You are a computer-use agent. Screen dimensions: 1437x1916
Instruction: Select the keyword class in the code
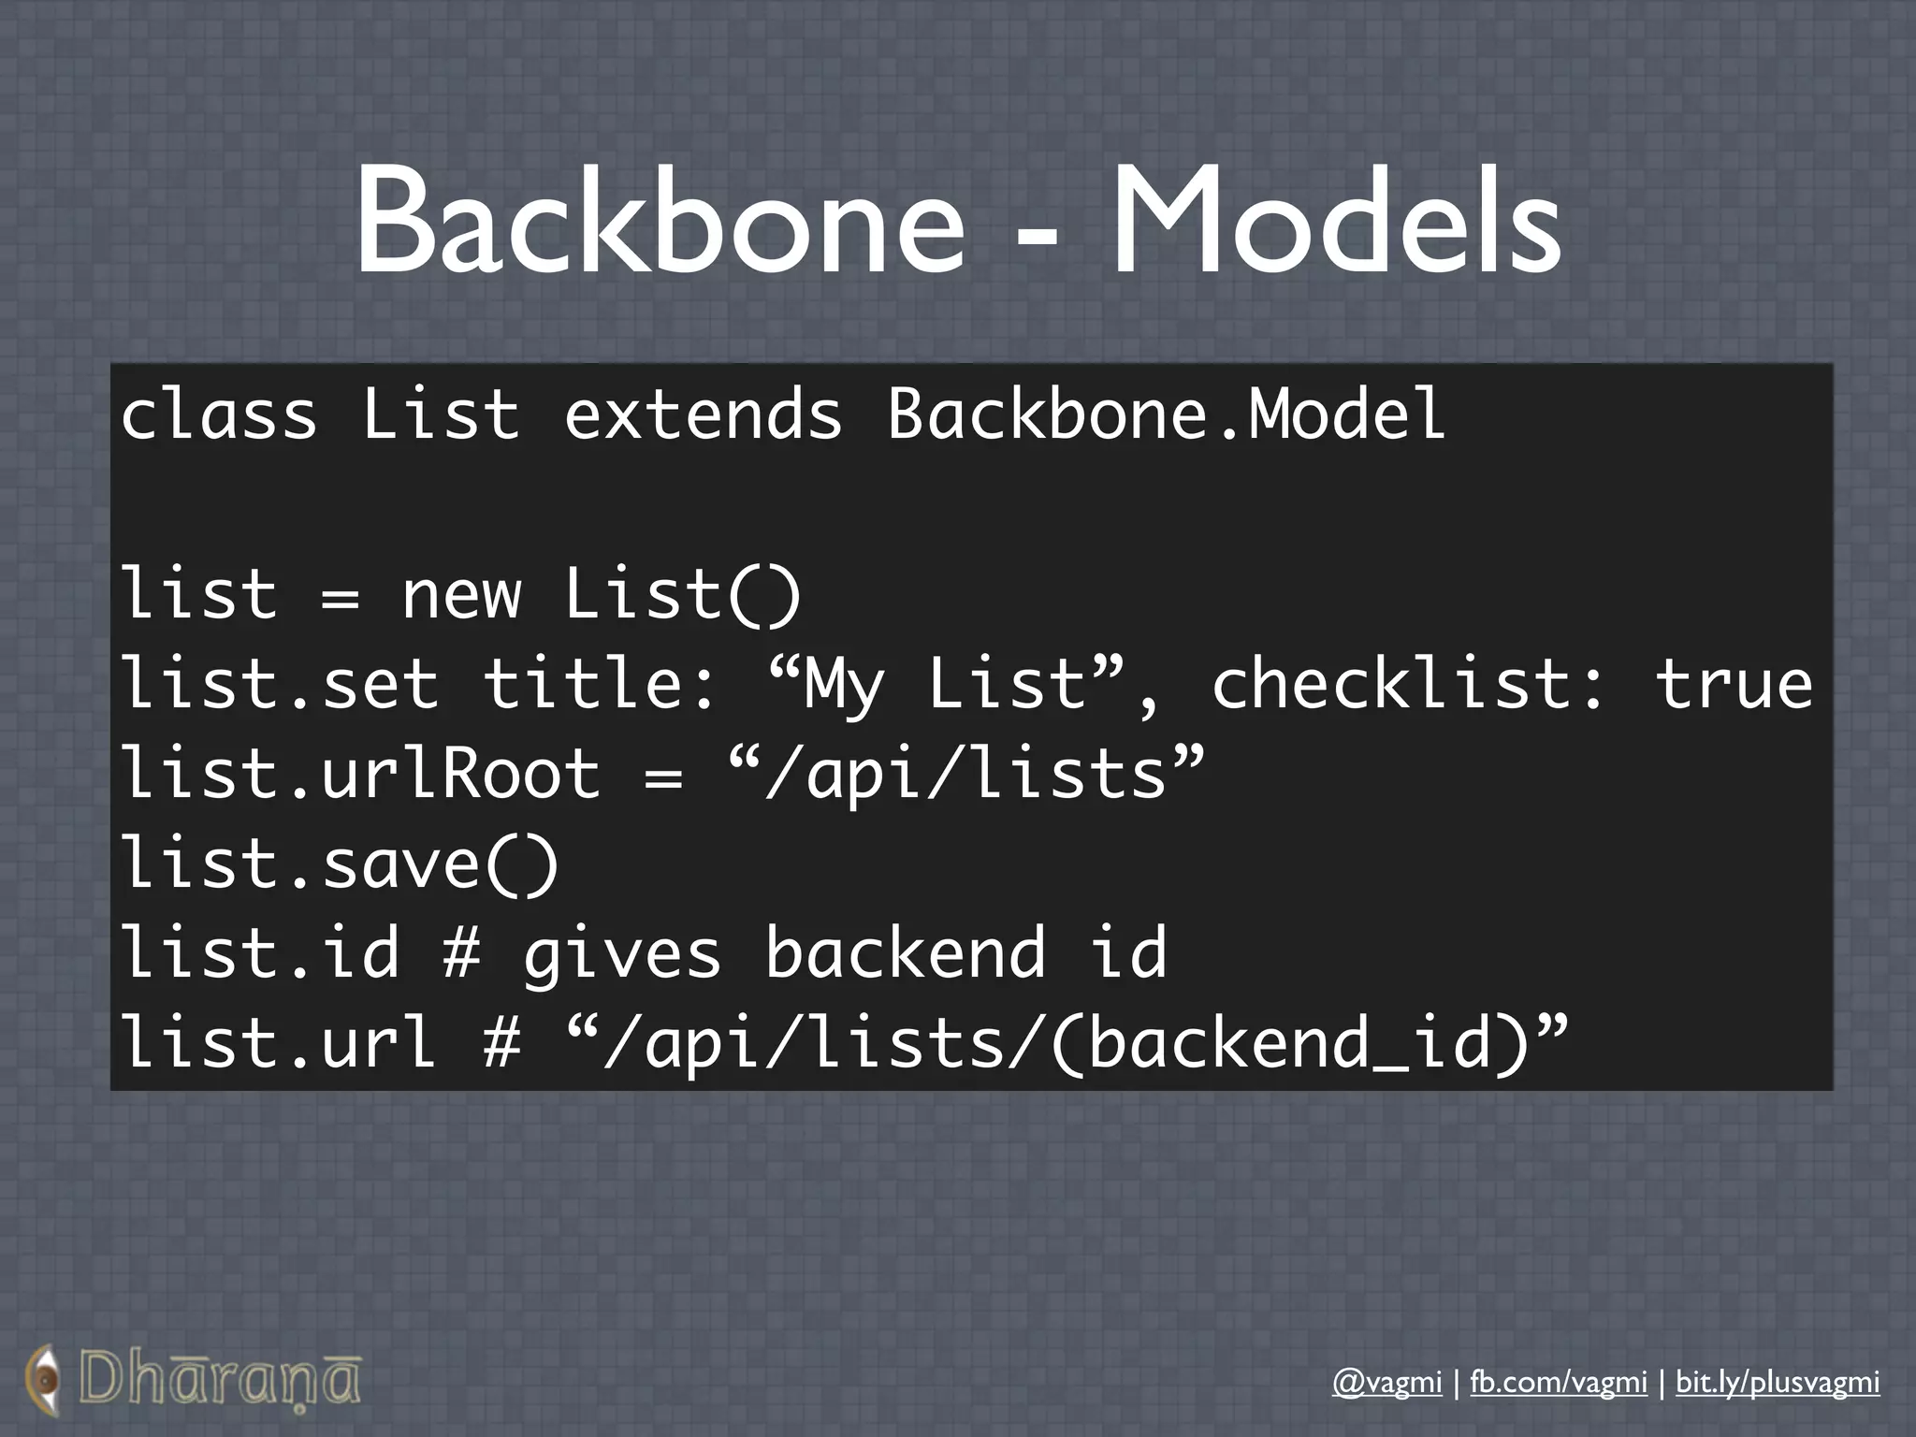pos(219,414)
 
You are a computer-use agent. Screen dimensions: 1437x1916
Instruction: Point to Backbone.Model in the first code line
pos(1167,414)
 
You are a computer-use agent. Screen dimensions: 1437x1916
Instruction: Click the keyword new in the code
pos(461,595)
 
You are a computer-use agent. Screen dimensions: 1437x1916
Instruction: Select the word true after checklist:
pos(1734,684)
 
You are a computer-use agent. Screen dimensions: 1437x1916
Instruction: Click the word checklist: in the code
pos(1409,684)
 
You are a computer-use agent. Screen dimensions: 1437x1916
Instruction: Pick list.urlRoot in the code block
pos(361,774)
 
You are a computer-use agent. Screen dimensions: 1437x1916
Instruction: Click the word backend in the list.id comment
pos(906,952)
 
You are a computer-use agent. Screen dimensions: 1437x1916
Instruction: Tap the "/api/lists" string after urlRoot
pos(966,774)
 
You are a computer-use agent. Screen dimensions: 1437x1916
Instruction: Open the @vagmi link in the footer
pos(1386,1382)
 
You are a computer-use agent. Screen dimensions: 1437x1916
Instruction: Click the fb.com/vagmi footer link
pos(1559,1382)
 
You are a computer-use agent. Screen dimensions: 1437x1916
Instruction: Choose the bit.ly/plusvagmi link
pos(1778,1382)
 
